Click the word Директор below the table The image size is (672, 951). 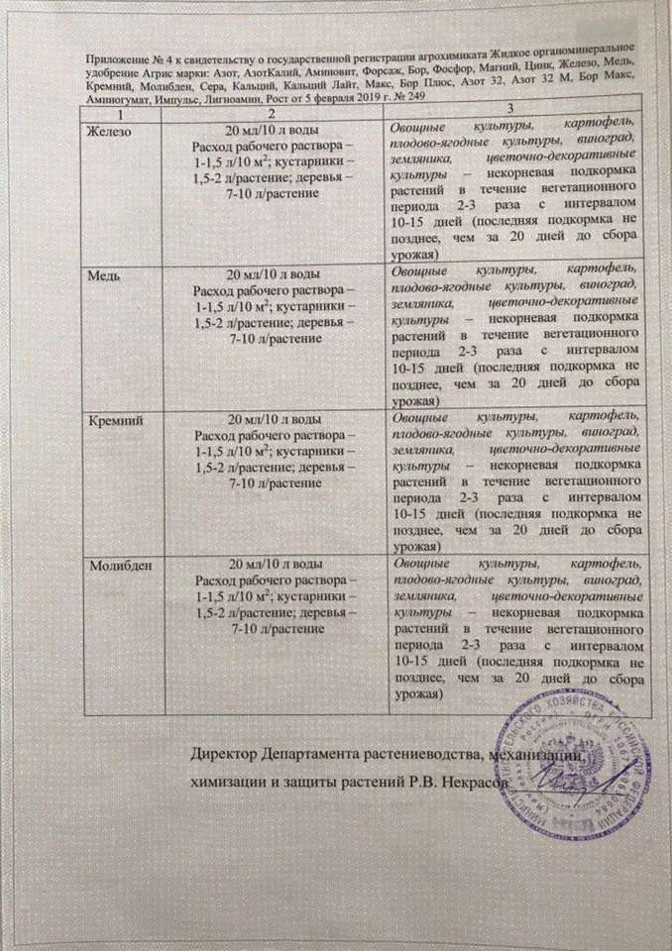coord(228,757)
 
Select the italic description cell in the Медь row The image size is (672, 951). coord(509,334)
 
